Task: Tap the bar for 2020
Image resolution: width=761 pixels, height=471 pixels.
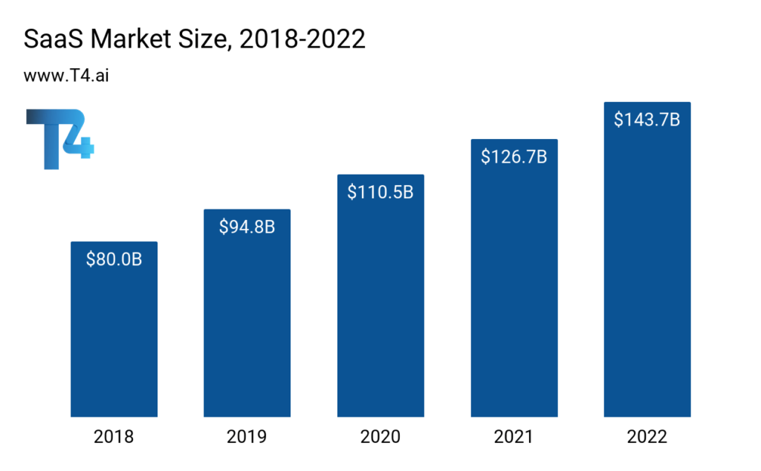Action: point(380,305)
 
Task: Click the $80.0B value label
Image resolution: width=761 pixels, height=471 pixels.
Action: point(114,259)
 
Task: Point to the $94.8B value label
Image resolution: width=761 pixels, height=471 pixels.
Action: point(247,227)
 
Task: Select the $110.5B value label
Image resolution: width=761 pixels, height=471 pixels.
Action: point(380,192)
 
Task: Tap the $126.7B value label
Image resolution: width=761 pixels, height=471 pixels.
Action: point(514,157)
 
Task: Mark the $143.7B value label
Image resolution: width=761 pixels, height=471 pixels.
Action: point(647,120)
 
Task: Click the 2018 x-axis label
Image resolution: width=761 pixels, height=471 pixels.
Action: point(114,437)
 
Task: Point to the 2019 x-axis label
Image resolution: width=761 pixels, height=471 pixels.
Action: point(247,437)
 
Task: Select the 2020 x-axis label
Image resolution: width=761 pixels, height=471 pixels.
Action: point(380,437)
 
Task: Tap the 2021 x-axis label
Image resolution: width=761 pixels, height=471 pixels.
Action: point(514,437)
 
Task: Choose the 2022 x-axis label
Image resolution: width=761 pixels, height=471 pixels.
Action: point(647,437)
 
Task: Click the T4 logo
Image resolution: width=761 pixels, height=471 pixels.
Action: point(59,138)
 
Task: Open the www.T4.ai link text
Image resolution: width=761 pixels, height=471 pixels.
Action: point(68,76)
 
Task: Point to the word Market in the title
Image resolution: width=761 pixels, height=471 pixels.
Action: point(126,39)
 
